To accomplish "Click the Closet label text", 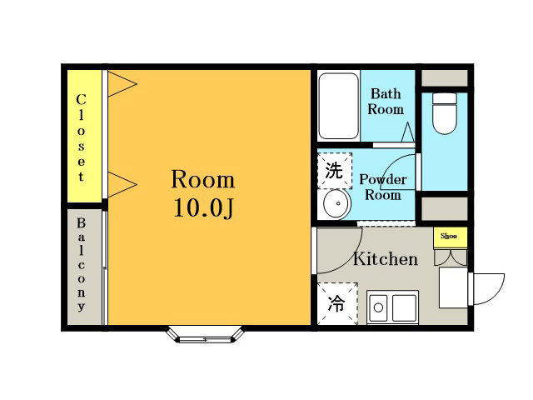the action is [81, 137].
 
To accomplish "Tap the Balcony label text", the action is [81, 264].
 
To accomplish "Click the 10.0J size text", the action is [203, 207].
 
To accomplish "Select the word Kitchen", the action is [386, 259].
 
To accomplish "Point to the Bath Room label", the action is [386, 102].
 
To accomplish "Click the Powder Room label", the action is [383, 187].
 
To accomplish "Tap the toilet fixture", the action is [444, 113].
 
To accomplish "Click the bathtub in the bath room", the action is [338, 106].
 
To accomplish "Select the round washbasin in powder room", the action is [336, 203].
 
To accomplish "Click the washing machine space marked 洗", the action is [335, 171].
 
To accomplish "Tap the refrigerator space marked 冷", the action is [337, 303].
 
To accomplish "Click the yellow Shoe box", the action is [450, 237].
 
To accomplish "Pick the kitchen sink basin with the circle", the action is [378, 307].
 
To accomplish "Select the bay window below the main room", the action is [206, 334].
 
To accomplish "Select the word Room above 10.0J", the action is [203, 179].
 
